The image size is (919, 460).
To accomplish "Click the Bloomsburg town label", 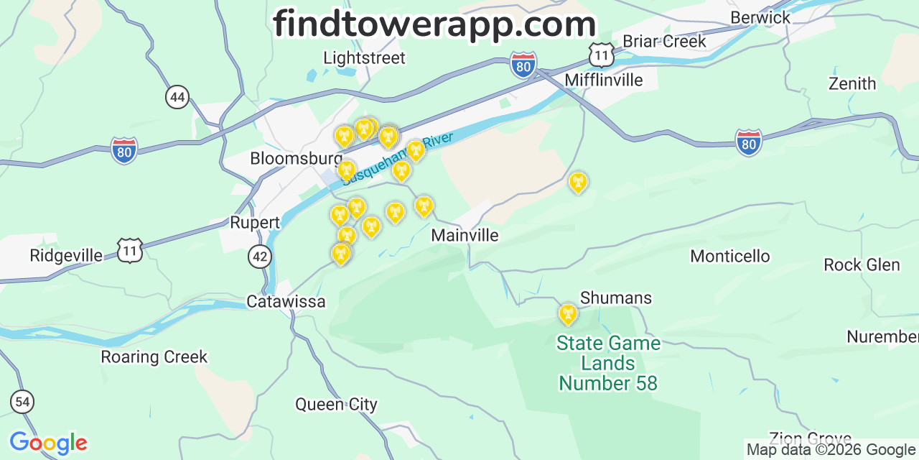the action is (x=296, y=158).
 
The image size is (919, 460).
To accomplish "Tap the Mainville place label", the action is (x=465, y=235).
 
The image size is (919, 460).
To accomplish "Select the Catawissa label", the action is (x=286, y=301).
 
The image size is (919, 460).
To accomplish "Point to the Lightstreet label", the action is (x=364, y=57).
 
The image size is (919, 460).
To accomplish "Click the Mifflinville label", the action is (x=604, y=80).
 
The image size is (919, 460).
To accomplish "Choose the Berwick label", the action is (x=760, y=17).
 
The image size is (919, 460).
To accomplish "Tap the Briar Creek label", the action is (x=664, y=41).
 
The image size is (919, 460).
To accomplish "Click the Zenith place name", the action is (x=852, y=83).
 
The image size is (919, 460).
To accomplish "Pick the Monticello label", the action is (x=729, y=256).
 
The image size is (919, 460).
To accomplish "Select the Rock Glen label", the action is (x=862, y=264).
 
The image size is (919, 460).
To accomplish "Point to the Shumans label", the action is (x=616, y=298).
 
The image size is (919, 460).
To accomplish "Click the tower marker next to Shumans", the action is (x=568, y=314).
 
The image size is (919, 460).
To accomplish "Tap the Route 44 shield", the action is (x=177, y=96).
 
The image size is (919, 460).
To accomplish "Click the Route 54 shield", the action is (x=22, y=402).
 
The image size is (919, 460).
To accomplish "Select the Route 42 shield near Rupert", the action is (x=260, y=256).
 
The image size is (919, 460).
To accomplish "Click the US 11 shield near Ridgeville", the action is (x=131, y=250).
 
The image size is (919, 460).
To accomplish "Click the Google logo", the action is (x=47, y=443).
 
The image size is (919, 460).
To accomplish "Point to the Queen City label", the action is (x=336, y=404).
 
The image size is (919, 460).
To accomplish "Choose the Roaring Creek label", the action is (x=154, y=356).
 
